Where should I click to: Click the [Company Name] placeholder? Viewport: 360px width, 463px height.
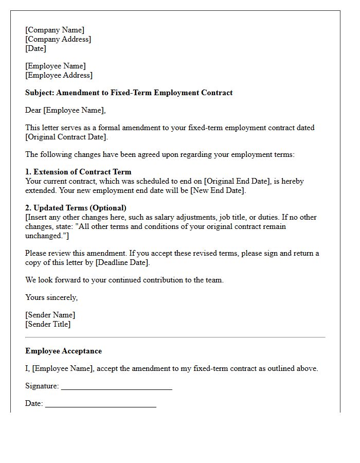[x=55, y=30]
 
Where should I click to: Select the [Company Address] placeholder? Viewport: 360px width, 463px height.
[x=58, y=39]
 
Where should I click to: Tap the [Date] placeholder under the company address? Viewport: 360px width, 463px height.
[x=35, y=48]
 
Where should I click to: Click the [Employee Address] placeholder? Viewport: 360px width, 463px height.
[x=59, y=75]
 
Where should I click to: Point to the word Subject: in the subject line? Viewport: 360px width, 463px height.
[x=40, y=93]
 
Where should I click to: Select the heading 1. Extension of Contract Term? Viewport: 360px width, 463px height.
[x=78, y=172]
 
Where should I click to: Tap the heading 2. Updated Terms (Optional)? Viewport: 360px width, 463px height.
[x=76, y=208]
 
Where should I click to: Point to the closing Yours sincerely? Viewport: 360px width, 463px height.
[x=51, y=297]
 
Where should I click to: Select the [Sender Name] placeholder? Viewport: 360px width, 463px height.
[x=50, y=315]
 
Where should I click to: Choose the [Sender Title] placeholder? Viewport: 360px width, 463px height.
[x=48, y=324]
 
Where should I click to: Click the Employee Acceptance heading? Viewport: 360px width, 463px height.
[x=63, y=351]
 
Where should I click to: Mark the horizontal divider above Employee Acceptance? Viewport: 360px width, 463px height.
[x=175, y=337]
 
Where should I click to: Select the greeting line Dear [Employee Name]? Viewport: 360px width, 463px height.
[x=65, y=110]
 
